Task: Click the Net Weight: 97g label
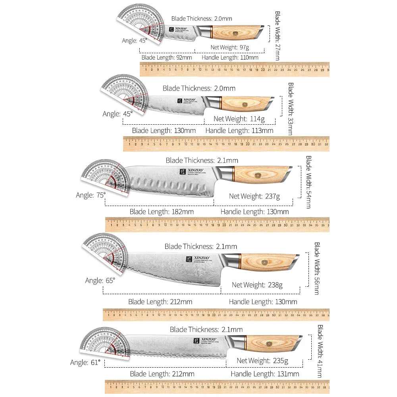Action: [x=229, y=47]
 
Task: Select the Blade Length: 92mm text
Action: [x=167, y=58]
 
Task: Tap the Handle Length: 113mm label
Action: [x=239, y=131]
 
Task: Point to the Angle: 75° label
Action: [x=91, y=195]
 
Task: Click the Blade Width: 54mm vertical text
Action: [x=308, y=182]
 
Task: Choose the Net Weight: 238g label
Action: [x=257, y=285]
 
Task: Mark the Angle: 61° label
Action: [x=85, y=362]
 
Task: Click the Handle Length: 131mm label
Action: [x=265, y=374]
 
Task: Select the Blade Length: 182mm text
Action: [x=162, y=212]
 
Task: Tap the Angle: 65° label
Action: [x=100, y=281]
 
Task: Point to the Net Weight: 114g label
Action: [x=239, y=119]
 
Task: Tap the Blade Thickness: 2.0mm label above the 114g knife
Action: [x=199, y=89]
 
